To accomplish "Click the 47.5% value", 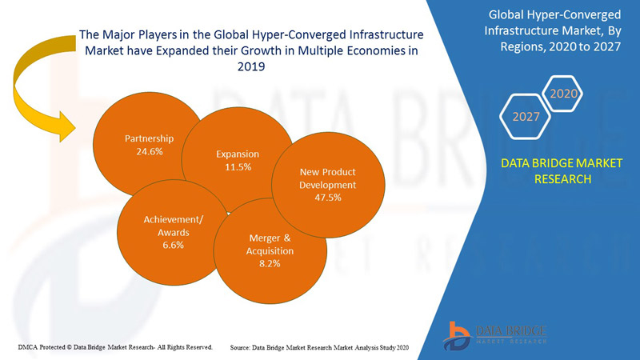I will coord(328,198).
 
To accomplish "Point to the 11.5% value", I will coord(238,167).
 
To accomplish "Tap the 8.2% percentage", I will coord(270,263).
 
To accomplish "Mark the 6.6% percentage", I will coord(173,246).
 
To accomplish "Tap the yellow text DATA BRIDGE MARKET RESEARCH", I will coord(561,171).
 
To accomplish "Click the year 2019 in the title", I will coord(251,68).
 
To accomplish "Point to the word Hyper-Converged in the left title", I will coord(256,35).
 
